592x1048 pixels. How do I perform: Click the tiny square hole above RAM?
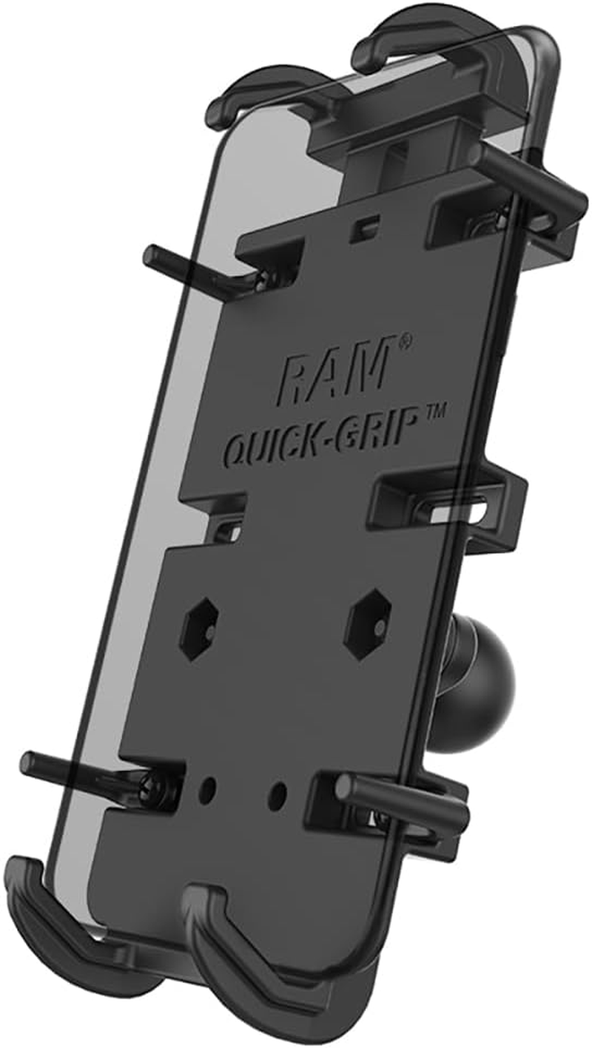(360, 224)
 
